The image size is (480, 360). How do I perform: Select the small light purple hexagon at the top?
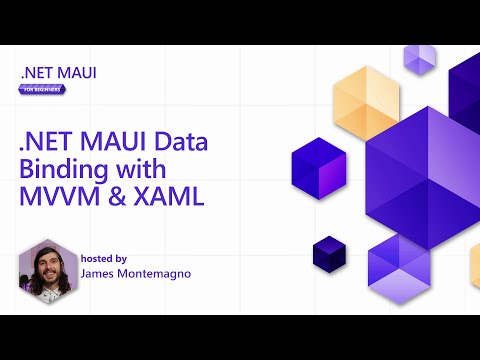pos(419,59)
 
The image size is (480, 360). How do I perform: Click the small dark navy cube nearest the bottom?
pos(328,253)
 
